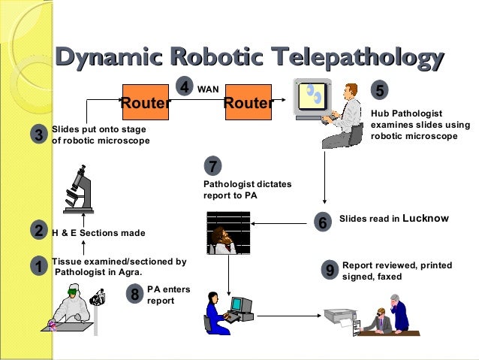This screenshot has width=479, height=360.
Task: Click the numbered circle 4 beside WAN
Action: click(185, 87)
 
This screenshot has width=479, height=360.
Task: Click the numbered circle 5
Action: click(380, 91)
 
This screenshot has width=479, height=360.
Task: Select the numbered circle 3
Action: click(39, 135)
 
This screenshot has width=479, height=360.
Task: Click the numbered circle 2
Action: click(39, 231)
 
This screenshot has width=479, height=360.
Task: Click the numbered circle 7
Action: click(212, 166)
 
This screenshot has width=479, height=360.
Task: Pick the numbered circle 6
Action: click(323, 222)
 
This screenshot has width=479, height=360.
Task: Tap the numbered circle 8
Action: click(135, 294)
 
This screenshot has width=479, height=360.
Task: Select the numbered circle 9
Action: click(328, 271)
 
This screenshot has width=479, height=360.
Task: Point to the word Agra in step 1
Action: click(128, 273)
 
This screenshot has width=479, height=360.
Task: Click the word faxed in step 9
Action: click(389, 277)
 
